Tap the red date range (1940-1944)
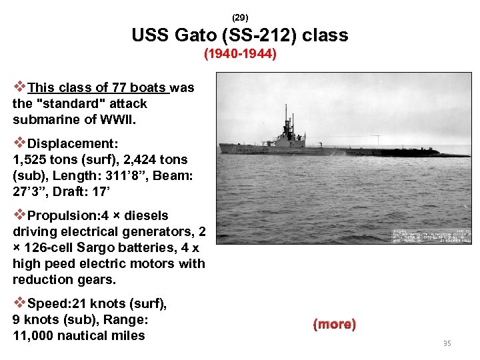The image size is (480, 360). [240, 53]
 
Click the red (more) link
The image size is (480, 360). [334, 325]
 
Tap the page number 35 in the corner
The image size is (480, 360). [447, 344]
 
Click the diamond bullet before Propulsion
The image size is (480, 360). [20, 215]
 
